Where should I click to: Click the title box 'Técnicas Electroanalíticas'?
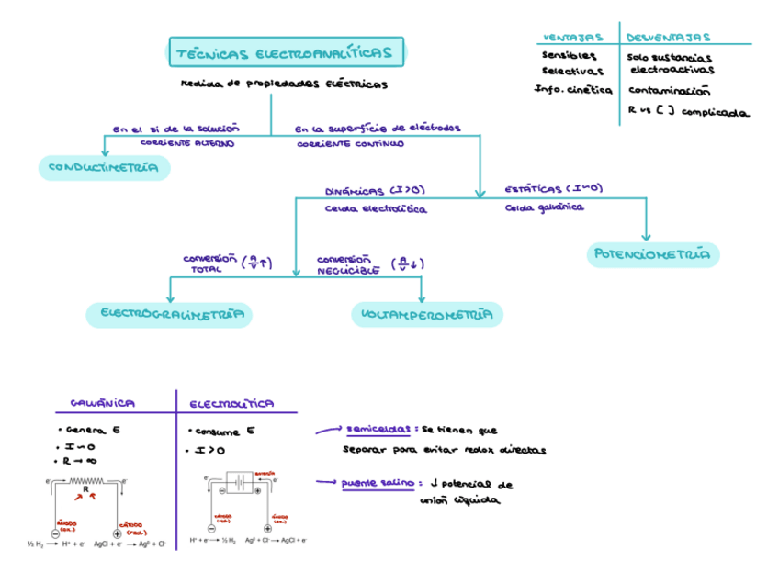(x=284, y=53)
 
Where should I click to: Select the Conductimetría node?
(x=104, y=168)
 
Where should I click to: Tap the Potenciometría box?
(x=652, y=254)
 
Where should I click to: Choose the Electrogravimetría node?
(x=169, y=315)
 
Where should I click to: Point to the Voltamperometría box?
(x=427, y=315)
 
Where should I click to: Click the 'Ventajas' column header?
(x=573, y=38)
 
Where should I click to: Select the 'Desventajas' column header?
(x=668, y=38)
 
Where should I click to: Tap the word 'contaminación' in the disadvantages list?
(x=670, y=91)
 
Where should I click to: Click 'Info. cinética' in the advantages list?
(x=573, y=90)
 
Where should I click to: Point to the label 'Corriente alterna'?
(x=187, y=143)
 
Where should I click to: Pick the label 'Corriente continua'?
(x=350, y=144)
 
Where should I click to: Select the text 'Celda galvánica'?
(x=544, y=207)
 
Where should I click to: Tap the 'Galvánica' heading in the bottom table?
(x=103, y=403)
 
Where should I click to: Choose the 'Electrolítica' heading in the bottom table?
(x=231, y=403)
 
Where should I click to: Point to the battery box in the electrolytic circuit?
(x=239, y=483)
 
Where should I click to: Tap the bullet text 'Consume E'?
(x=222, y=431)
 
